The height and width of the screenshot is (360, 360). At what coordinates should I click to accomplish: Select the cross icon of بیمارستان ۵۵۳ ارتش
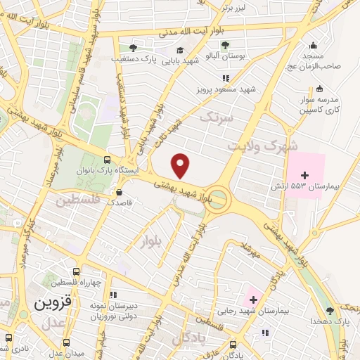click(x=304, y=174)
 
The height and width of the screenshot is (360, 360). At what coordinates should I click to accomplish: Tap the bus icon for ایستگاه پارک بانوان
click(x=107, y=160)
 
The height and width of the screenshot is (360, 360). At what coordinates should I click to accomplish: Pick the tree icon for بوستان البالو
click(x=225, y=45)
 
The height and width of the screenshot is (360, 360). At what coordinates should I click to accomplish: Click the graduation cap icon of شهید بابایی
click(x=180, y=49)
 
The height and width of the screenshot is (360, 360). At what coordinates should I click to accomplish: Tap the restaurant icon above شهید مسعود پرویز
click(x=226, y=78)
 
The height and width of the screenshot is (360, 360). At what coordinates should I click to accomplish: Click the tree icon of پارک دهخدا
click(x=330, y=311)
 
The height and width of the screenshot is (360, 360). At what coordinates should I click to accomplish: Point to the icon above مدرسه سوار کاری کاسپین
click(x=320, y=89)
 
